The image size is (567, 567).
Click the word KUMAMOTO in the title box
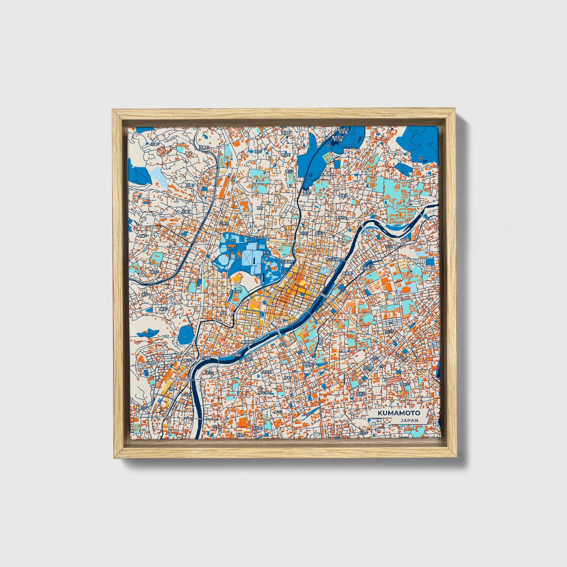399,413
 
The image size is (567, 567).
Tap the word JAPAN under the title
409,420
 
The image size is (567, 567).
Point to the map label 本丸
266,252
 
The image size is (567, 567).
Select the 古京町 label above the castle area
259,238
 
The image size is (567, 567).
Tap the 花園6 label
155,144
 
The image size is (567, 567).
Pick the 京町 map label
260,207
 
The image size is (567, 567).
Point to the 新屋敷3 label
366,268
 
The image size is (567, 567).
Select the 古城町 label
237,292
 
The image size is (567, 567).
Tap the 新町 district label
224,314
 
